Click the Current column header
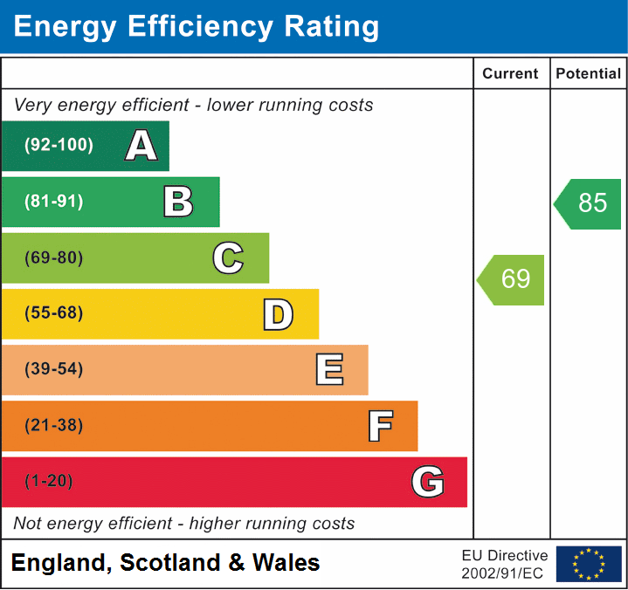pos(511,74)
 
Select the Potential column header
pos(589,74)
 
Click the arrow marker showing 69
pos(513,279)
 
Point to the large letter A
pos(141,146)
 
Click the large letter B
pos(178,202)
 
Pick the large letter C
pos(228,258)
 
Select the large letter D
pos(278,314)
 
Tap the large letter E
pos(328,370)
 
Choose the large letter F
pos(379,426)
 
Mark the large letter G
pos(427,482)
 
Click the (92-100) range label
pos(59,146)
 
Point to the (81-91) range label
pos(54,202)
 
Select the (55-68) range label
pos(54,313)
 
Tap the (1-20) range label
pos(49,481)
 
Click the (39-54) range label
pos(54,369)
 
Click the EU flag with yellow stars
pos(589,564)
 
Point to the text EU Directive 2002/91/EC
pos(505,564)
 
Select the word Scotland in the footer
pos(171,563)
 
